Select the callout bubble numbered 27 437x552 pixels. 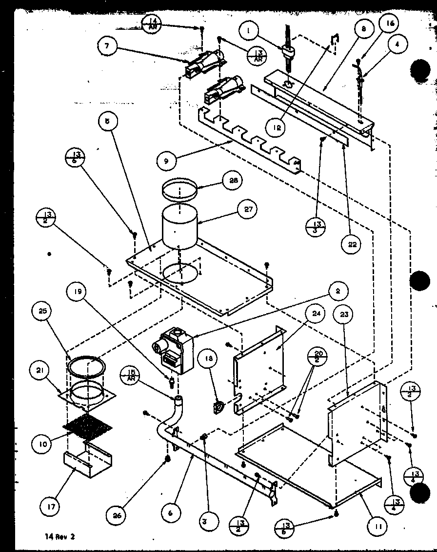pos(247,210)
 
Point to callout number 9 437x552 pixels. pos(167,161)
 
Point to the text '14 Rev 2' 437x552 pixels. pos(59,536)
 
